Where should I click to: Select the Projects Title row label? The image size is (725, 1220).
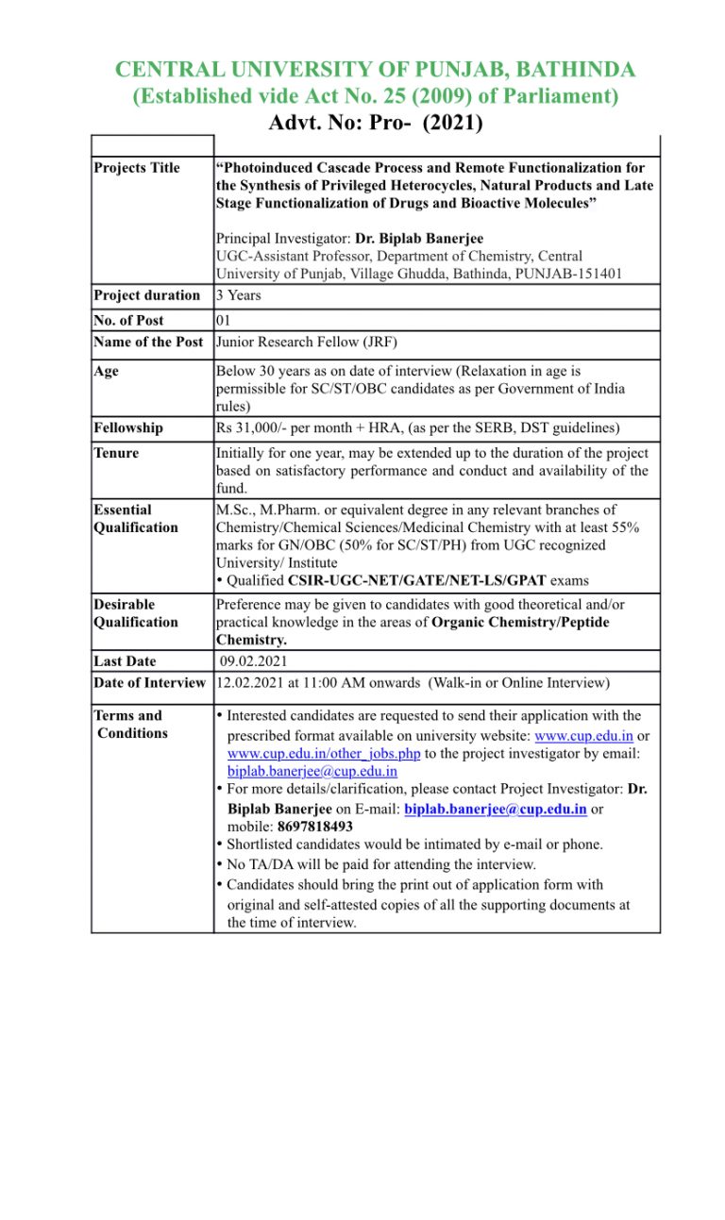click(137, 168)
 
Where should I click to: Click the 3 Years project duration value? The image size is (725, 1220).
click(238, 295)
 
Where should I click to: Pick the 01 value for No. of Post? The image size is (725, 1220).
click(225, 321)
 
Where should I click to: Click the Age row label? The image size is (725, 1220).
click(107, 372)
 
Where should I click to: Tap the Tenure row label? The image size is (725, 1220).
click(116, 453)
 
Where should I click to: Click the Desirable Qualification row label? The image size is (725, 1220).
click(135, 613)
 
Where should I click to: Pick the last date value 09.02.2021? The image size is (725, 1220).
click(254, 661)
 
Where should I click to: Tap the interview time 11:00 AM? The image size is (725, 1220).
click(331, 682)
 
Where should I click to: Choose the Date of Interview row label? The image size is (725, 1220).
click(149, 682)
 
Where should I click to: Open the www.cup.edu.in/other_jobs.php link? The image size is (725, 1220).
click(324, 753)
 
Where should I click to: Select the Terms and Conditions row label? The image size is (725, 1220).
click(130, 725)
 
